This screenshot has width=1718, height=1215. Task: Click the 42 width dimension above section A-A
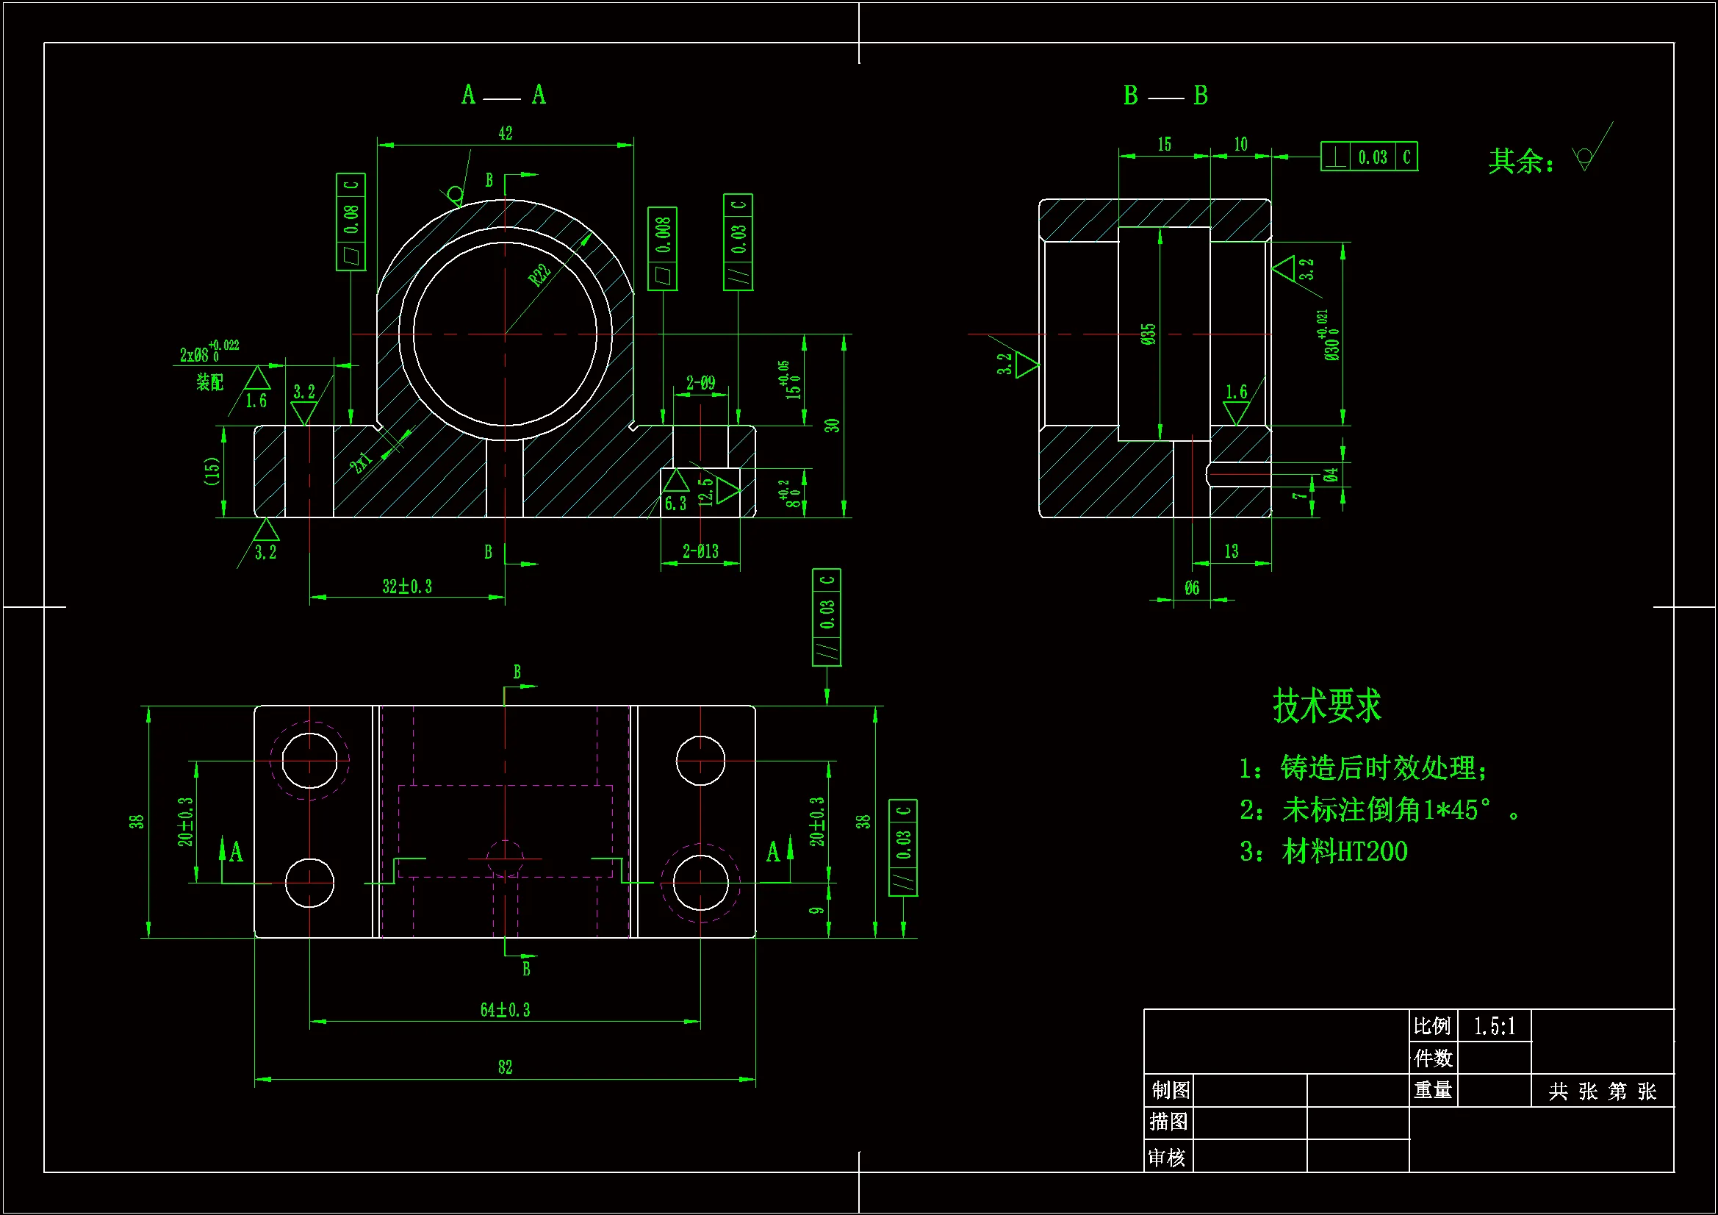[505, 133]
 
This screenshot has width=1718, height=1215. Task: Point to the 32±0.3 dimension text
[407, 586]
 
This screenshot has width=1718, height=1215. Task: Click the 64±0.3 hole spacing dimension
[505, 1010]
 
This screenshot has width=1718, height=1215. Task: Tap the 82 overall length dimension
[505, 1067]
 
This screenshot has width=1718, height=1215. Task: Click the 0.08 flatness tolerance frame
[351, 221]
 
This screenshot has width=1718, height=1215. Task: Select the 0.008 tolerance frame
[662, 248]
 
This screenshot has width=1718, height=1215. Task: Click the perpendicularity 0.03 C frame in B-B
[1368, 157]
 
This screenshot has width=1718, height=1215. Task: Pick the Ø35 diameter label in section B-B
[1149, 334]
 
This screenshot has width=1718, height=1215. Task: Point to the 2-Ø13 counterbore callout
[700, 552]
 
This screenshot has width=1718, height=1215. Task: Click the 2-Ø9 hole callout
[700, 383]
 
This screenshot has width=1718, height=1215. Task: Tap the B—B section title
[1165, 96]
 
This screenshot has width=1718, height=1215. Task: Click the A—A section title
[503, 95]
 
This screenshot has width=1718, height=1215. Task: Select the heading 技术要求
[1326, 706]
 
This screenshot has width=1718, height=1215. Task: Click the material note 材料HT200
[1344, 852]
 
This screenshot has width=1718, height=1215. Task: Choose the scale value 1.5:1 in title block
[1495, 1025]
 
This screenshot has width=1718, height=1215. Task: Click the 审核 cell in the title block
[1168, 1158]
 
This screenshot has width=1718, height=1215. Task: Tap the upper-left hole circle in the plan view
[309, 761]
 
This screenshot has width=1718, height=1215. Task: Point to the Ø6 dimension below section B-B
[1192, 588]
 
